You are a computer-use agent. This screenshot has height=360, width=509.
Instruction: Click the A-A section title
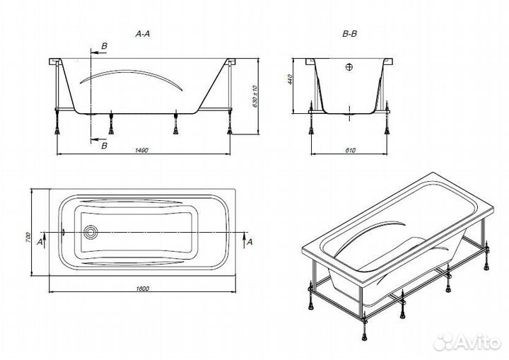click(x=144, y=33)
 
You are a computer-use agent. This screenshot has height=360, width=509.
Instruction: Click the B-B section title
click(x=349, y=33)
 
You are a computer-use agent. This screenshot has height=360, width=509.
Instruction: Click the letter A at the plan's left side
click(x=39, y=242)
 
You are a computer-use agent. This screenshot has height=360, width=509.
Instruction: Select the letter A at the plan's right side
click(x=249, y=242)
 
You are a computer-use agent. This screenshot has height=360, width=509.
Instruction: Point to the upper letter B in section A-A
click(x=105, y=46)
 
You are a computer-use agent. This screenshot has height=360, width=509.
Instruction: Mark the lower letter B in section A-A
click(x=105, y=145)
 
